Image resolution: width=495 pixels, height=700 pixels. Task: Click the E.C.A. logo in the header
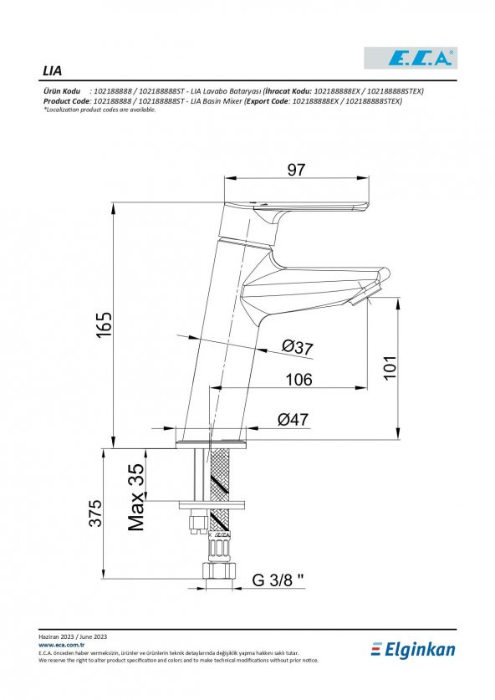coord(411,58)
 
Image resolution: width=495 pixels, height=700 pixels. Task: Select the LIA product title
coord(52,71)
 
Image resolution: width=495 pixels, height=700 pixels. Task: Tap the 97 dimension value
coord(296,170)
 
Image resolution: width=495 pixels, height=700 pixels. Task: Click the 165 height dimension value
coord(105,324)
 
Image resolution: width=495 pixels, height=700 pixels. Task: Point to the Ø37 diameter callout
coord(298,347)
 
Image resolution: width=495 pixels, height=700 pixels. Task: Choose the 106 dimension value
coord(299,380)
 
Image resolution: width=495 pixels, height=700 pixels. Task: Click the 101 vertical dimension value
coord(390,367)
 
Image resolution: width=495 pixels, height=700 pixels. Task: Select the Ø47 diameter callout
coord(293,419)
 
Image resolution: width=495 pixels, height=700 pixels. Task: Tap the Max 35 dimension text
coord(136,497)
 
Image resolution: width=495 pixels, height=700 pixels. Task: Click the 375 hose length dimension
coord(95,513)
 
